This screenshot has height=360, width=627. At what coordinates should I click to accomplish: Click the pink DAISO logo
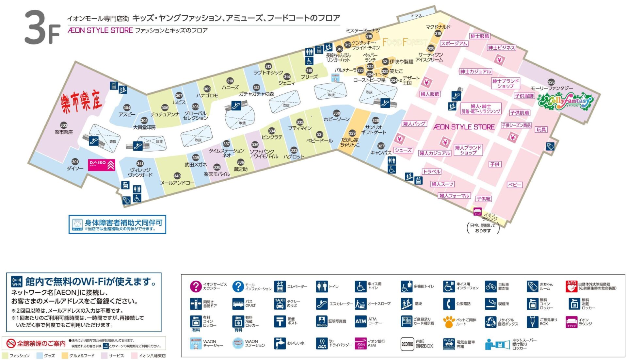(x=101, y=165)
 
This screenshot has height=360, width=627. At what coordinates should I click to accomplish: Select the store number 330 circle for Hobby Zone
(x=337, y=113)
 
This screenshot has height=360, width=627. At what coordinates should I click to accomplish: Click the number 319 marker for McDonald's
(x=438, y=33)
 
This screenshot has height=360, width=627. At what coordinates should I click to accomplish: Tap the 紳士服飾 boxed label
(x=480, y=36)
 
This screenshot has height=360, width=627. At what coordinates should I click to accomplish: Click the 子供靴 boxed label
(x=483, y=199)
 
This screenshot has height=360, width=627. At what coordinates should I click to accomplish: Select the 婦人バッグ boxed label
(x=414, y=124)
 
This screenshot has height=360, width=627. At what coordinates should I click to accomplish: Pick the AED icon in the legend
(x=571, y=286)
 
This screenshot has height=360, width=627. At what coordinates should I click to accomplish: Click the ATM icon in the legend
(x=361, y=321)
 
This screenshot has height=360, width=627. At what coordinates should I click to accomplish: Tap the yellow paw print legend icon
(x=449, y=321)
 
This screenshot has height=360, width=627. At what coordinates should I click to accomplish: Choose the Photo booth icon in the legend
(x=322, y=321)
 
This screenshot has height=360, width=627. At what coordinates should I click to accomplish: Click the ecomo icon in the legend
(x=407, y=344)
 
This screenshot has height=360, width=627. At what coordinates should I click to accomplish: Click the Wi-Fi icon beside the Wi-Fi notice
(x=17, y=282)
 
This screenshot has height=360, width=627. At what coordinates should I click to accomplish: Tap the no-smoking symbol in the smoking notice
(x=11, y=343)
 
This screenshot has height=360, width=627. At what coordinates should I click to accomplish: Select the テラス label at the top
(x=416, y=15)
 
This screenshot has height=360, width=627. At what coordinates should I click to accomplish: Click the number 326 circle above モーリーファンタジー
(x=551, y=82)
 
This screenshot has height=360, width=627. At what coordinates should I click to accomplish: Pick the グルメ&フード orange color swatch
(x=65, y=355)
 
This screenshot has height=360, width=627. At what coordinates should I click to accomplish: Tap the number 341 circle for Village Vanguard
(x=140, y=164)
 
